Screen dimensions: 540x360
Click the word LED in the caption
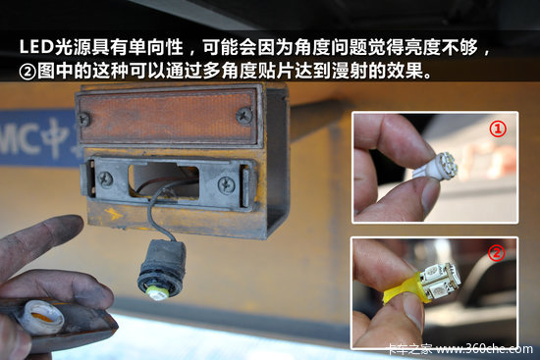point(37,47)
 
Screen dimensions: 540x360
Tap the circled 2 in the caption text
point(27,72)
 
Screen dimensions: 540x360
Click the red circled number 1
point(498,129)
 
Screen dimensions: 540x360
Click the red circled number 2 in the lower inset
point(496,253)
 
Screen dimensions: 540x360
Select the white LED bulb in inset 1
point(436,166)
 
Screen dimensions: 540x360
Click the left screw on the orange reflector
point(83,120)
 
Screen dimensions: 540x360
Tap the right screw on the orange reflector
point(244,116)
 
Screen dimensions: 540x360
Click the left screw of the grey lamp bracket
point(105,179)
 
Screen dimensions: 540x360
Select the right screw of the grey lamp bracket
point(226,185)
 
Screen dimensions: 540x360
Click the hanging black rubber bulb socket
point(162,269)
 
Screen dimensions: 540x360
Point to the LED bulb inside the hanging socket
point(158,293)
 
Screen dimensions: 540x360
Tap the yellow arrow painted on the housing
point(113,214)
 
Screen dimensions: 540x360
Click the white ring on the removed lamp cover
point(41,317)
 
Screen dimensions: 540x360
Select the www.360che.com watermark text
point(484,348)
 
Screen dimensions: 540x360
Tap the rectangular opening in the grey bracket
point(164,181)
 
